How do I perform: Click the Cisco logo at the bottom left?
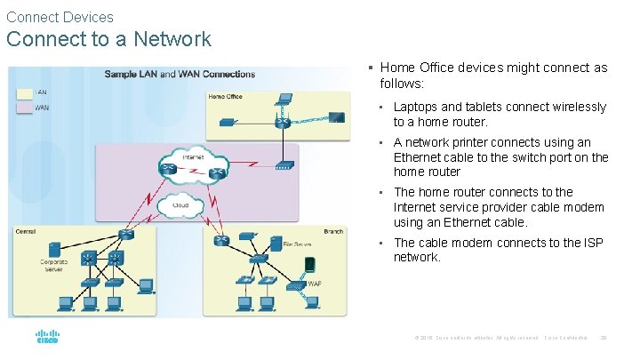coord(47,339)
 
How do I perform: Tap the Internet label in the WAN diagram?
coord(193,157)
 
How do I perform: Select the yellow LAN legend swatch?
coord(24,92)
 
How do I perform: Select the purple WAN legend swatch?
coord(24,108)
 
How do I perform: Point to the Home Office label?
coord(225,96)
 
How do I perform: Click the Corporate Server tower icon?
coord(55,248)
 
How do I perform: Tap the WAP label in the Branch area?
coord(314,284)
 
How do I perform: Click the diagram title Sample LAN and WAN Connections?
coord(180,74)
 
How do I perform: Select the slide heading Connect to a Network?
coord(108,39)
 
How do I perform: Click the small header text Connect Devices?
coord(60,17)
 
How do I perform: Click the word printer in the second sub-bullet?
coord(477,142)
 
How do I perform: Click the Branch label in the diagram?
coord(333,232)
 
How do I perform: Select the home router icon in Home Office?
coord(283,122)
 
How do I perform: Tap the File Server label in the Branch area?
coord(296,243)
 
